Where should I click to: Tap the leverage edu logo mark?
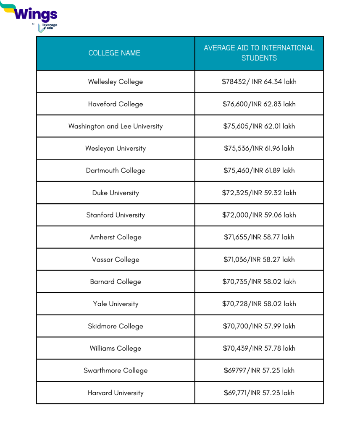(x=41, y=28)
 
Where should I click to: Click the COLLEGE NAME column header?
(x=114, y=53)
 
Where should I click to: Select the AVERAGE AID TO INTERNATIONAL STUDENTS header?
(x=259, y=53)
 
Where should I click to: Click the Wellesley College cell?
(x=116, y=82)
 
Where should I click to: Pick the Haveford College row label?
(x=116, y=104)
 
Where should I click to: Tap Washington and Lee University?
(x=116, y=126)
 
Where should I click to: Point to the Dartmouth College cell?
(x=116, y=170)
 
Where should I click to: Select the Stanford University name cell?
(x=116, y=215)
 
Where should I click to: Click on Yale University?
(x=116, y=304)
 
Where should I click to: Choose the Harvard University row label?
(x=116, y=393)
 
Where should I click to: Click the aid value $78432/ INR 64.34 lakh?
(x=259, y=82)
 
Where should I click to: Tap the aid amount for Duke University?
(x=259, y=193)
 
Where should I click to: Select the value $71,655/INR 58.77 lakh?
(x=259, y=237)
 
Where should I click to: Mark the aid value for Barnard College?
(x=259, y=282)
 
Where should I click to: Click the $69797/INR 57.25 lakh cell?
(x=259, y=371)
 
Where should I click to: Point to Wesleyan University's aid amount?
(x=259, y=149)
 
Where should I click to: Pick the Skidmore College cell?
(x=116, y=326)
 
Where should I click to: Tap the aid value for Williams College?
(x=259, y=349)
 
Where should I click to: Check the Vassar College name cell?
(x=116, y=260)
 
